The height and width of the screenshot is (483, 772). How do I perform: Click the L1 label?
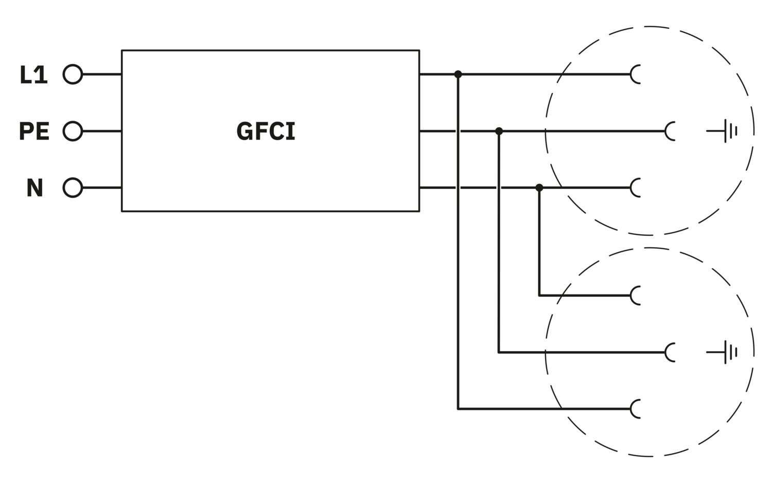pos(33,75)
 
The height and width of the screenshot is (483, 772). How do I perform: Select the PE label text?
pos(34,131)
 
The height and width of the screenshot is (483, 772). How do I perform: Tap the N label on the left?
pos(34,188)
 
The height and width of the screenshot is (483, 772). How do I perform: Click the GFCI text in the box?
pos(266,131)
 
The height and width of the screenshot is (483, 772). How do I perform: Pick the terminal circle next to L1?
pos(73,75)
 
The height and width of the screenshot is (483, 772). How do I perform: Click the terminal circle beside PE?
pos(73,131)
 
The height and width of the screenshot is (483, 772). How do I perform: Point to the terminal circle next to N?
pos(73,188)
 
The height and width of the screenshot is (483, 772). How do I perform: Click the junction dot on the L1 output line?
pos(458,75)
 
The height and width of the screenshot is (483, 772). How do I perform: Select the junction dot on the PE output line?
pos(499,131)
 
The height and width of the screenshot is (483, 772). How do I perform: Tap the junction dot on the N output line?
pos(539,188)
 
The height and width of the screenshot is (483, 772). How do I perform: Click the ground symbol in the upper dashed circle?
pos(725,131)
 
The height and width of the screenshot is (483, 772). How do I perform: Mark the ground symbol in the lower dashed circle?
pos(725,352)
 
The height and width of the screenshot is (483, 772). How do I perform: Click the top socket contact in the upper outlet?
pos(636,75)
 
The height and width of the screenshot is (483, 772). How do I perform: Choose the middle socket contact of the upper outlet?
pos(670,131)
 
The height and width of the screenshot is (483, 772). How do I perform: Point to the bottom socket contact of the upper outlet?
pos(636,188)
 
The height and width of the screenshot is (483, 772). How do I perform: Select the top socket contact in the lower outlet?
pos(636,296)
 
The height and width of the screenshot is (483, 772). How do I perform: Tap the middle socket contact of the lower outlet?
pos(670,352)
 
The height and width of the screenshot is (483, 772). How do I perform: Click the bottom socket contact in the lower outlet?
pos(636,409)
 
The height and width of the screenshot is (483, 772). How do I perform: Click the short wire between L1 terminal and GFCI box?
pos(102,75)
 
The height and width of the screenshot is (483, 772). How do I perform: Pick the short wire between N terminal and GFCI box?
pos(102,188)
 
